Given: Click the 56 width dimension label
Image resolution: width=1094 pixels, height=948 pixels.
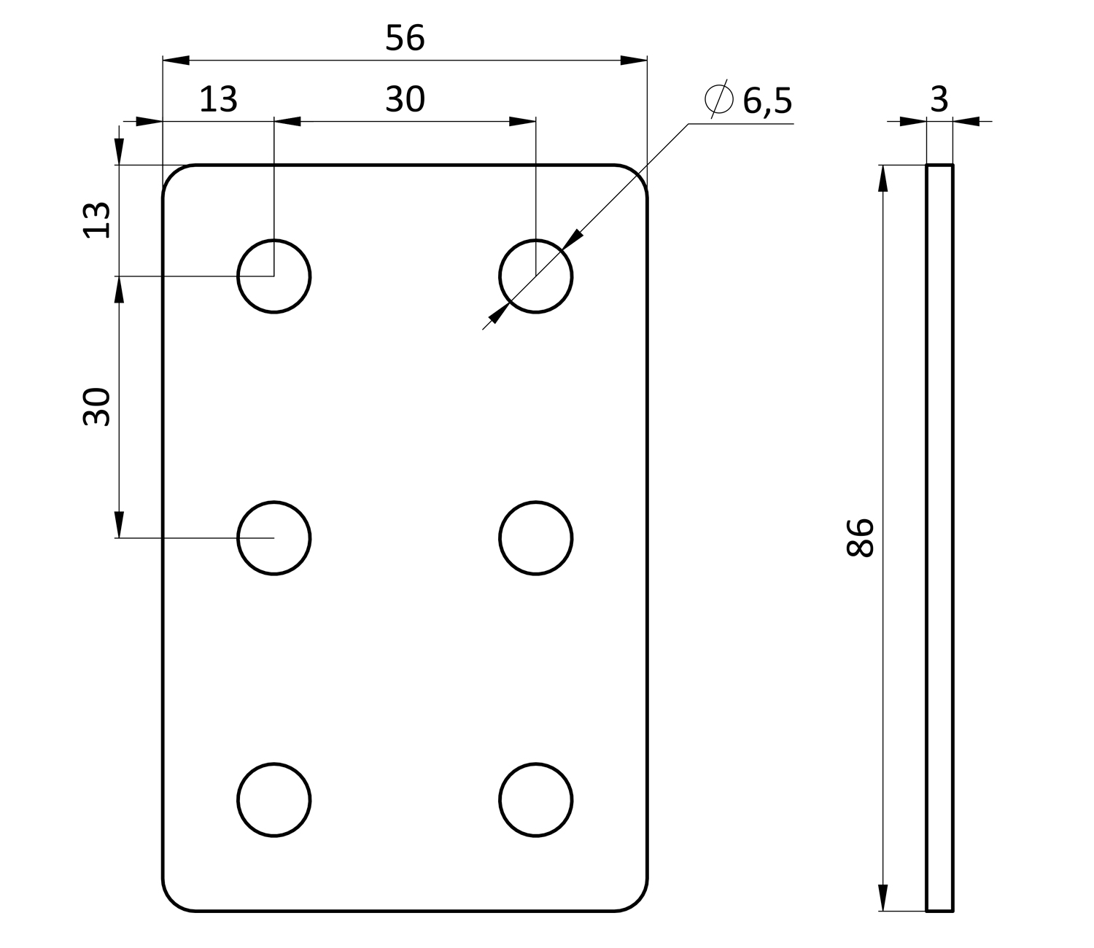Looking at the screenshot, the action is (405, 38).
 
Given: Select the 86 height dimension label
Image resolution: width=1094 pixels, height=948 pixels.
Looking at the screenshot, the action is (860, 537).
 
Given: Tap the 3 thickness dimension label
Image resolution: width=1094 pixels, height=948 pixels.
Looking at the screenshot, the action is (939, 99).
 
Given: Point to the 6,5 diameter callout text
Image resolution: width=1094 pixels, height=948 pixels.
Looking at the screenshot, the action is (767, 101).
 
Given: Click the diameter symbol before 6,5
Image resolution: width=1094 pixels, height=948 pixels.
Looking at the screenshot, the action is (719, 98).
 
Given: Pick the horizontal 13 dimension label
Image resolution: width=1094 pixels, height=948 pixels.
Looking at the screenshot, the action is (218, 99).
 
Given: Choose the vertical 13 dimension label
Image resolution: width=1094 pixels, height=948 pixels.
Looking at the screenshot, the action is (97, 220).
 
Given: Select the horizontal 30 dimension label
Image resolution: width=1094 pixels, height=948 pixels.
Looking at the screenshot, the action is (405, 99).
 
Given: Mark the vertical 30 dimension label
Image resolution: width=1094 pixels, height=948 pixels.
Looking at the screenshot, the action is (97, 407).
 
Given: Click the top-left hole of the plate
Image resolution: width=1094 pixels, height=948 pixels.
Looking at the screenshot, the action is (238, 276).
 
